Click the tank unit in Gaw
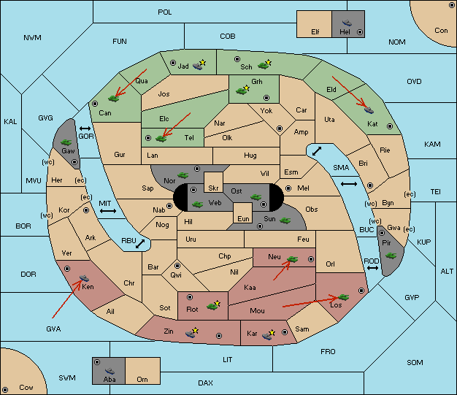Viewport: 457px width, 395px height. (x=66, y=142)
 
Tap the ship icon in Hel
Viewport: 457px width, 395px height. (x=347, y=23)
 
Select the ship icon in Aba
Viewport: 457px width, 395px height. (x=110, y=370)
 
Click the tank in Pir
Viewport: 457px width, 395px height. (x=391, y=256)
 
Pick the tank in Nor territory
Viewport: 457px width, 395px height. (x=183, y=175)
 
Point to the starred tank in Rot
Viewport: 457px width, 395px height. (x=214, y=305)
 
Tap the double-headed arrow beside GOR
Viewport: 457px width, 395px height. (x=85, y=129)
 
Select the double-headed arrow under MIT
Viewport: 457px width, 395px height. (x=108, y=211)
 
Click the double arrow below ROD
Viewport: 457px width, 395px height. (x=372, y=268)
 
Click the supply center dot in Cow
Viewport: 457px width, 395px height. (x=5, y=389)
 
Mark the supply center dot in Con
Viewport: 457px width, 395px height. (x=451, y=5)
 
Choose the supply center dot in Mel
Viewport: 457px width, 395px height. (x=288, y=188)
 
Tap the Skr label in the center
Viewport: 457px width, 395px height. (x=213, y=188)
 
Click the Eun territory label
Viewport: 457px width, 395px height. (x=243, y=218)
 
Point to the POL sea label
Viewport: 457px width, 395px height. (x=165, y=12)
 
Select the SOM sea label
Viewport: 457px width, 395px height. (x=415, y=362)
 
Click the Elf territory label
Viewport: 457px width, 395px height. (x=315, y=32)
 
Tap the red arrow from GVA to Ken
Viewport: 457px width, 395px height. (x=66, y=299)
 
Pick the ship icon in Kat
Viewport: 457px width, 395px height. (x=369, y=110)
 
